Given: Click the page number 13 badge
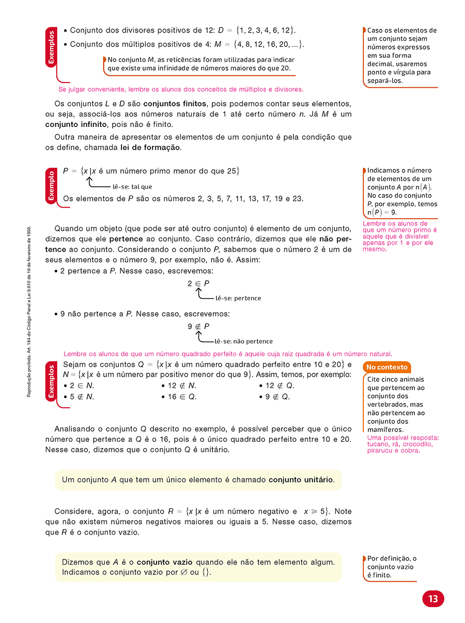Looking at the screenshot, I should (433, 599).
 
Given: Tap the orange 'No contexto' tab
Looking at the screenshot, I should (387, 368).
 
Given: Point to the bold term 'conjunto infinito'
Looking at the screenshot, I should (76, 124).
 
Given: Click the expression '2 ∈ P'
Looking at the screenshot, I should (198, 283).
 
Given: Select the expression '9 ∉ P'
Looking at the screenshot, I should (198, 327).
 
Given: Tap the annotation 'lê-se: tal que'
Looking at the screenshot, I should (132, 187).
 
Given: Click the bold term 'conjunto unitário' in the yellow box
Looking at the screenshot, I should (301, 480).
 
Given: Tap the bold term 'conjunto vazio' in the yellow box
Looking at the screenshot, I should (164, 562).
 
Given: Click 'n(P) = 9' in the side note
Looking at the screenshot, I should (382, 212).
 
